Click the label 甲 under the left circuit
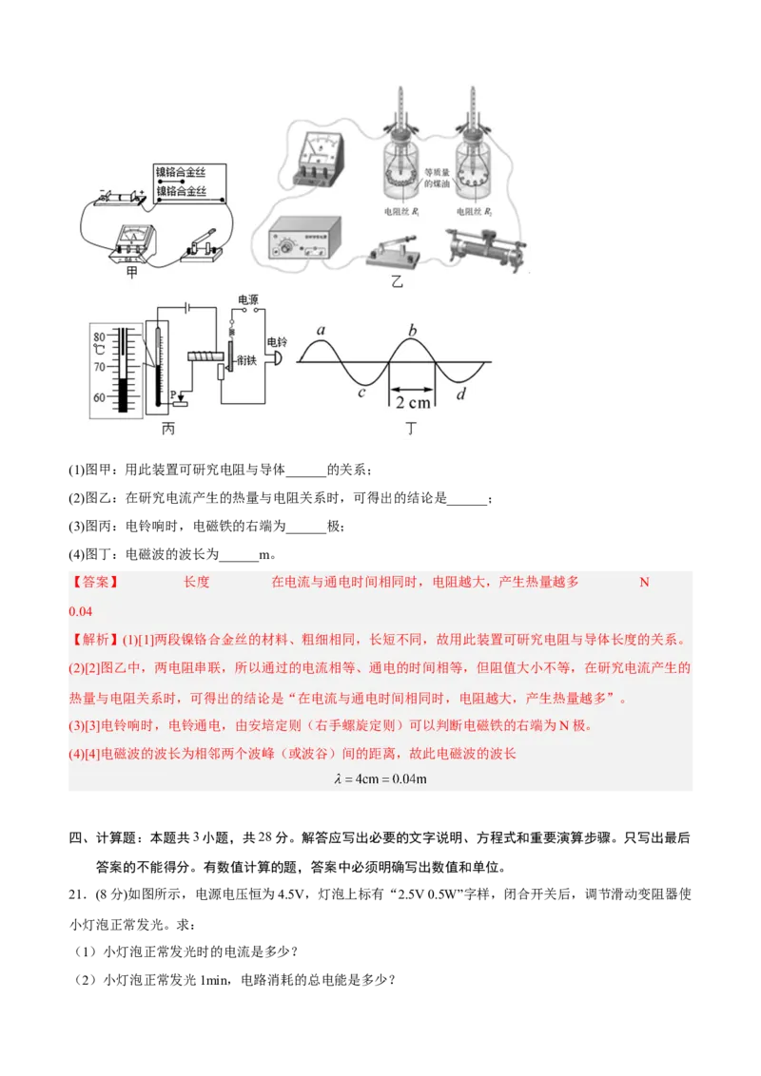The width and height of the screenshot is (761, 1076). click(131, 273)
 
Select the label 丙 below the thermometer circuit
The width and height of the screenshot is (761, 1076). click(168, 429)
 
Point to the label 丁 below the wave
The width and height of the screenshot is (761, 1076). click(411, 429)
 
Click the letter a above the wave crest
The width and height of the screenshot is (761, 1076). click(322, 330)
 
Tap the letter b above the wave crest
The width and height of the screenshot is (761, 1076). click(412, 330)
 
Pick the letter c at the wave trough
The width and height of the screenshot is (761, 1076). click(361, 391)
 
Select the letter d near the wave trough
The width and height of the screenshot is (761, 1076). click(460, 393)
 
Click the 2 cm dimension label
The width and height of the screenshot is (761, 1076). click(413, 402)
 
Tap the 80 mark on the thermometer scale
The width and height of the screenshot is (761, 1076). click(98, 336)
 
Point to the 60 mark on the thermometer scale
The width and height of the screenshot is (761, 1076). click(98, 397)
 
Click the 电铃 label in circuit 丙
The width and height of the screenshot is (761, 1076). click(277, 341)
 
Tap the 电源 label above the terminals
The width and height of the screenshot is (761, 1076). click(248, 298)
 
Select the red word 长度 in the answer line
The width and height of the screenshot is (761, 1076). click(197, 582)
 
